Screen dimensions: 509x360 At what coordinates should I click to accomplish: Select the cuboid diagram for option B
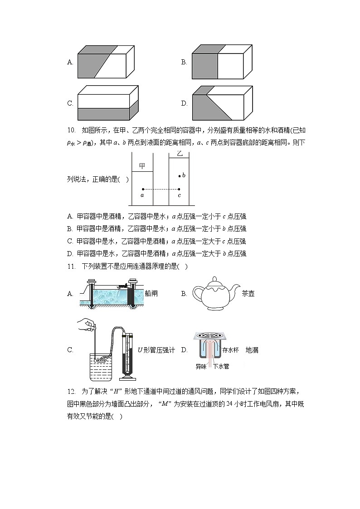pos(221,62)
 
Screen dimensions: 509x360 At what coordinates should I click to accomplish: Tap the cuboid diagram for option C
pos(108,103)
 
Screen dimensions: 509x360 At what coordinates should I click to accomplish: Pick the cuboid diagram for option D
pos(222,103)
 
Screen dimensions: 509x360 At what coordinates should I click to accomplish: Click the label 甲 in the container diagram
pos(142,166)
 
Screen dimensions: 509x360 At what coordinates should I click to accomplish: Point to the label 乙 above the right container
pos(179,155)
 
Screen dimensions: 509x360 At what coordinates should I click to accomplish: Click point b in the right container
pos(180,175)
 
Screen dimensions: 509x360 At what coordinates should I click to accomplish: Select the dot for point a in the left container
pos(143,189)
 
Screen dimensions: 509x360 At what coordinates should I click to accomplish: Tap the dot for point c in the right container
pos(179,189)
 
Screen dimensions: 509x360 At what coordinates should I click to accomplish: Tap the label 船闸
pos(151,294)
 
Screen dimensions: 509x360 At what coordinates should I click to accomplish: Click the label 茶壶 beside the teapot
pos(248,294)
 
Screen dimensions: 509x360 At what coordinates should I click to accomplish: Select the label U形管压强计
pos(156,350)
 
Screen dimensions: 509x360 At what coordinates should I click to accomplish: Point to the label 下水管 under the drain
pos(221,366)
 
